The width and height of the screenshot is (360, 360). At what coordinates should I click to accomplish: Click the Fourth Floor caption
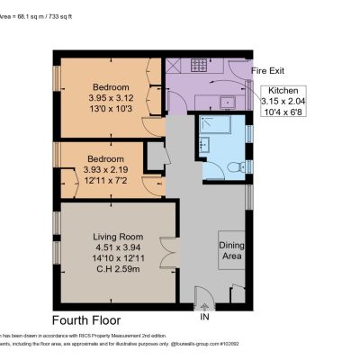(x=85, y=320)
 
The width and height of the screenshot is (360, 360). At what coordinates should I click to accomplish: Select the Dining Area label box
(x=231, y=251)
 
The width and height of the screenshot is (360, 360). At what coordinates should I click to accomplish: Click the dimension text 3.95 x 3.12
(x=109, y=98)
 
